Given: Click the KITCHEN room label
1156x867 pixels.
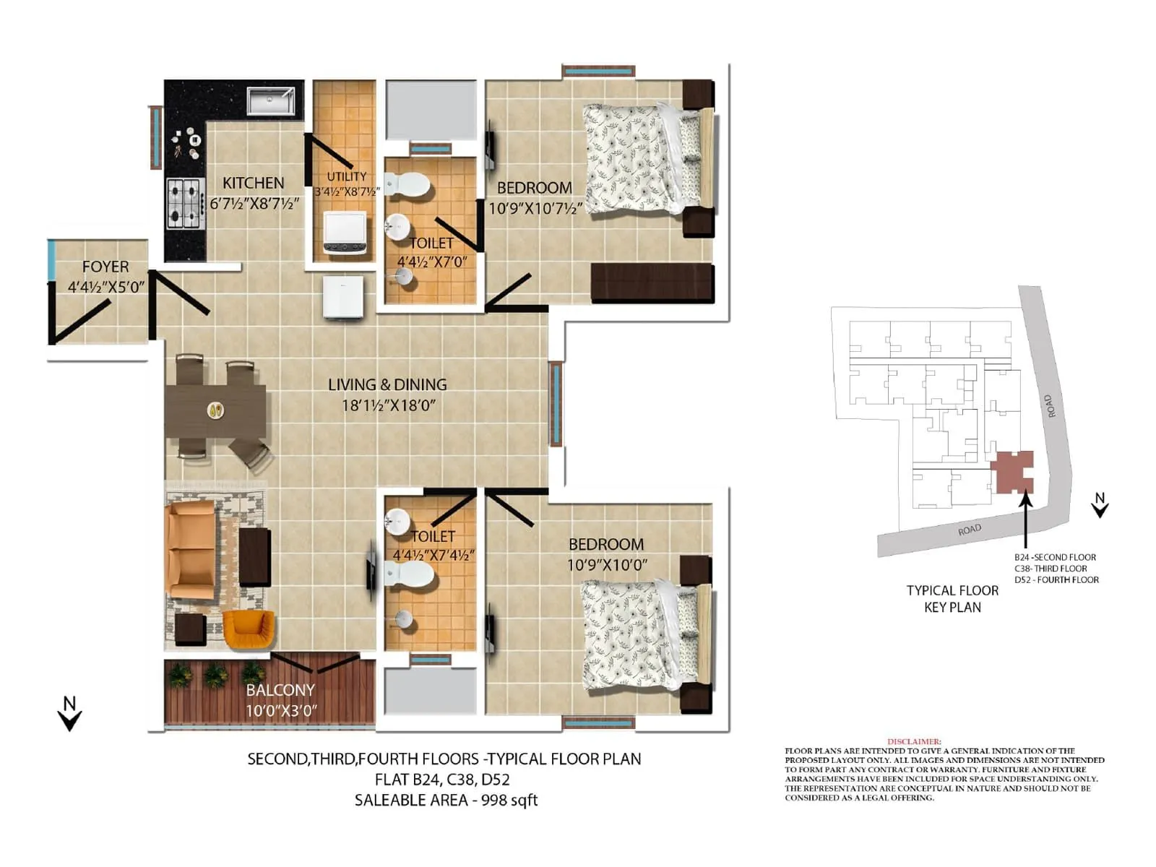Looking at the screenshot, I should coord(253,183).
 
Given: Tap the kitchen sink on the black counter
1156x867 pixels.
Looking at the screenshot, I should coord(270,101).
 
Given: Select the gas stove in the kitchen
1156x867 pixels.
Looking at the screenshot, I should coord(184,202).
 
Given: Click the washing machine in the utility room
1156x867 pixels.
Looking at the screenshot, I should coord(345,233).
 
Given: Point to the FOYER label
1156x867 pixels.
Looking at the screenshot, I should coord(105,267).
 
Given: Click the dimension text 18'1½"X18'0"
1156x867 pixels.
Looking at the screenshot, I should coord(389,405).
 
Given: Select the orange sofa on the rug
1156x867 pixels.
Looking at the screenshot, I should coord(191,549).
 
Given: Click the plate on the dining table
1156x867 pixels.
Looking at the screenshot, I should coord(215,410).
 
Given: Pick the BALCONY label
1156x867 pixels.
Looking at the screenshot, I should coord(280,690).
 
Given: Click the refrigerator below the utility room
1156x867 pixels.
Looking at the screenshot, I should coord(343,297).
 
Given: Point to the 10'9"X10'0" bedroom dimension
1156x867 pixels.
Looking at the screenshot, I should coord(607,565).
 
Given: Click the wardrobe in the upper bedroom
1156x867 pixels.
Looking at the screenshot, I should coord(652,282).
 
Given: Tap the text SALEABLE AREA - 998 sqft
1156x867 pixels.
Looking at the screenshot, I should coord(446,800).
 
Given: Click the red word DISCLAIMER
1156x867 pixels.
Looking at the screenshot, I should coord(914,741).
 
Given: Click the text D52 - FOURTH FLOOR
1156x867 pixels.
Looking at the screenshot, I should coord(1056,579).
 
